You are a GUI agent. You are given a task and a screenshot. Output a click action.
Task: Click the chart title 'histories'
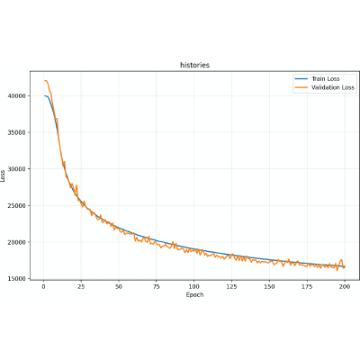pyautogui.click(x=194, y=65)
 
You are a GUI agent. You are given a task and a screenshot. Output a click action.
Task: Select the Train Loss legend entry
pyautogui.click(x=317, y=79)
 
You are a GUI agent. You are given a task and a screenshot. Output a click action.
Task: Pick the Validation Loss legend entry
pyautogui.click(x=325, y=87)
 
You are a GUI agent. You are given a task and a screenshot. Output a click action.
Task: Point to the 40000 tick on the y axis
pyautogui.click(x=17, y=96)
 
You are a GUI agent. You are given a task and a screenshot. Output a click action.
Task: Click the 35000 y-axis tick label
pyautogui.click(x=17, y=132)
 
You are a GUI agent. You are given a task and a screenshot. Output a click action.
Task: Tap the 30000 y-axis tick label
pyautogui.click(x=17, y=169)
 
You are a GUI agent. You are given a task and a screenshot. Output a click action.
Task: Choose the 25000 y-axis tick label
pyautogui.click(x=17, y=206)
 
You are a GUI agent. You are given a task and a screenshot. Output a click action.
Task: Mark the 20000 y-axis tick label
pyautogui.click(x=17, y=242)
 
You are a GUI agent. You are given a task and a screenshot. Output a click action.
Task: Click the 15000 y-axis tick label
pyautogui.click(x=17, y=279)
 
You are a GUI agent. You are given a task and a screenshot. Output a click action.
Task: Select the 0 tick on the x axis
pyautogui.click(x=43, y=287)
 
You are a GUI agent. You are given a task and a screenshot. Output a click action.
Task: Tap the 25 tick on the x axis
pyautogui.click(x=81, y=287)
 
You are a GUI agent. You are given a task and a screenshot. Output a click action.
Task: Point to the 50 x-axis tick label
pyautogui.click(x=119, y=287)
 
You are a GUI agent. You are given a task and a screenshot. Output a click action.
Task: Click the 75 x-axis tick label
pyautogui.click(x=157, y=287)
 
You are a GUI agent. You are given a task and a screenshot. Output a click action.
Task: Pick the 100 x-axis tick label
pyautogui.click(x=194, y=287)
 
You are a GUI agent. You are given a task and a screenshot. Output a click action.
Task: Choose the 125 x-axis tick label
pyautogui.click(x=231, y=287)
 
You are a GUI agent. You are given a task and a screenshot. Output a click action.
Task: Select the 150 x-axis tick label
pyautogui.click(x=269, y=287)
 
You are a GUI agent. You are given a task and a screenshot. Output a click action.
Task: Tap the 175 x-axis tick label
pyautogui.click(x=307, y=287)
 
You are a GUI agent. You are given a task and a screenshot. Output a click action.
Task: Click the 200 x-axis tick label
pyautogui.click(x=345, y=287)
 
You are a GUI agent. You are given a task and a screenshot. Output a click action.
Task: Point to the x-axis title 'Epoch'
pyautogui.click(x=194, y=295)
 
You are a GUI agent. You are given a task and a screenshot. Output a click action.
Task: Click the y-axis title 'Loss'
pyautogui.click(x=3, y=175)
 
